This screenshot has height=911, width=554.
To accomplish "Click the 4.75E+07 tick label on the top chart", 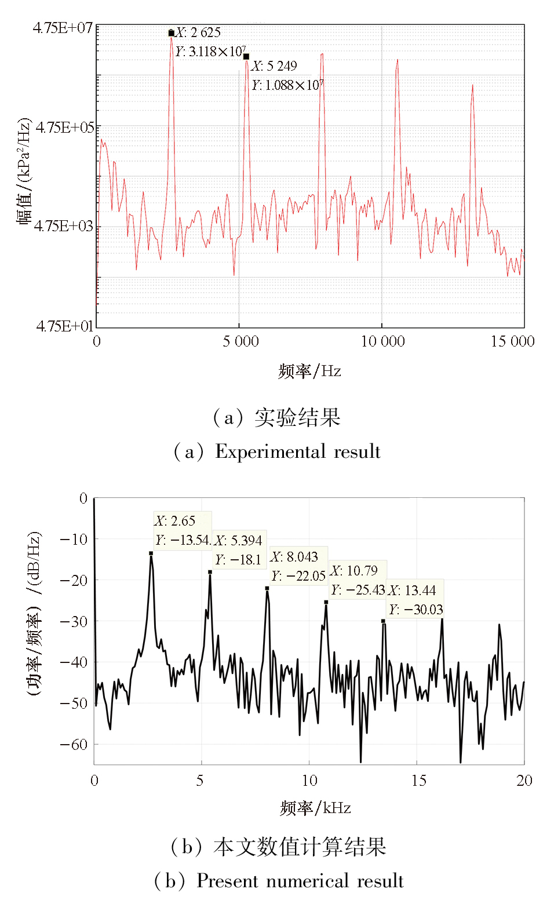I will coord(63,28).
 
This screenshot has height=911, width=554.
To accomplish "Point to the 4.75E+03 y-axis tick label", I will coord(63,226).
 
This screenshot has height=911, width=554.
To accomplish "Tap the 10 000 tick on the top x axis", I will coord(382,341).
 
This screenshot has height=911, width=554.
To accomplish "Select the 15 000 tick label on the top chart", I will coord(512,341).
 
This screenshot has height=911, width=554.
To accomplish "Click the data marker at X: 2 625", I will coord(171,33).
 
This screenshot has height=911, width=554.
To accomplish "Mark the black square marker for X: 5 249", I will coord(246,57).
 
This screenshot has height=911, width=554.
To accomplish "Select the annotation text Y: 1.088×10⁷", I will coord(287,85).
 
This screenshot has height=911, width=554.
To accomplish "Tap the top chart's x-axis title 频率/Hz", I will coord(309,371).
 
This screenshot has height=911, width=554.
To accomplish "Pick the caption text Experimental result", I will coord(298,451).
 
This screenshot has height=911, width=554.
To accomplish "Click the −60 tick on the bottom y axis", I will coord(74,744).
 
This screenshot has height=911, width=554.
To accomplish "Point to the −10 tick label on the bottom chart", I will coord(74,539).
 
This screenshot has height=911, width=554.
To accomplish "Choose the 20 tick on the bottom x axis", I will coord(524,781).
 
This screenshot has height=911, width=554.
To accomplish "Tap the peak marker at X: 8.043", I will coord(267,588).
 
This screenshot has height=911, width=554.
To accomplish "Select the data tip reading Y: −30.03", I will coord(416,610).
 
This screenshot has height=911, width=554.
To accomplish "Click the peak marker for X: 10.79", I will coord(326,602).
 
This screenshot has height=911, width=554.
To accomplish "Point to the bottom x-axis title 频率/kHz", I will coord(315,808).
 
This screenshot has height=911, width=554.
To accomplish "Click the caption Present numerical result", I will coord(299,881).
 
